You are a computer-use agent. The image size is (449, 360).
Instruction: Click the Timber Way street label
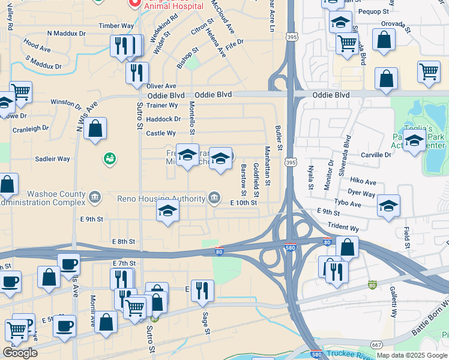click(116, 26)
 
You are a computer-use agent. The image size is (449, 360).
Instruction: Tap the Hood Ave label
click(37, 47)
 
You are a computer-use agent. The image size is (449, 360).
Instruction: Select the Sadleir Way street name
click(53, 159)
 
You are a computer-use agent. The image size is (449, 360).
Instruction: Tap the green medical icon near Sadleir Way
click(109, 159)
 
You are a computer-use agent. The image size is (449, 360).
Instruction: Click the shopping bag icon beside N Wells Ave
click(95, 128)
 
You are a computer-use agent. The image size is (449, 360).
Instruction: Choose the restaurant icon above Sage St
click(202, 291)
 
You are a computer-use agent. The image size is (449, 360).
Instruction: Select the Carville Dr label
click(376, 155)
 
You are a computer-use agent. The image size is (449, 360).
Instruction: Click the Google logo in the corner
click(20, 353)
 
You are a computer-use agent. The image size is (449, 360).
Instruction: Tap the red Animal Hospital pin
click(134, 4)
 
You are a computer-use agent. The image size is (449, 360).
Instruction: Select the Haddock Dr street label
click(163, 119)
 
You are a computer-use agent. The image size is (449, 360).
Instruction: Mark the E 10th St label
click(244, 203)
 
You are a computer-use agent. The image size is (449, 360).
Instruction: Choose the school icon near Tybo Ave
click(388, 206)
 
